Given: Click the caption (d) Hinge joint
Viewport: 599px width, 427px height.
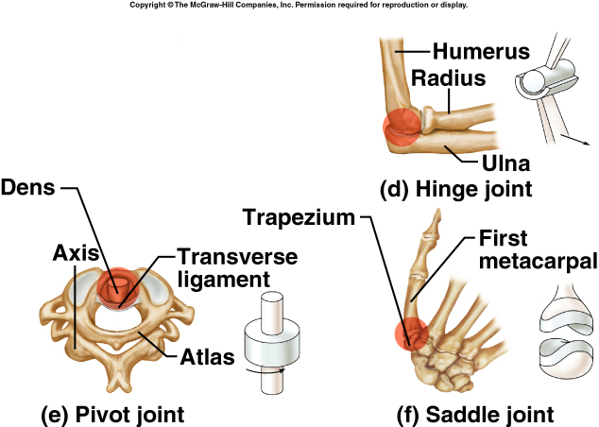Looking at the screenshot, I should coord(455,190).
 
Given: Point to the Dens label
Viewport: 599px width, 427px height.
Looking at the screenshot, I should coord(31,188).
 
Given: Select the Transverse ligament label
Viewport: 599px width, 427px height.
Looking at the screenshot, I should coord(236,268).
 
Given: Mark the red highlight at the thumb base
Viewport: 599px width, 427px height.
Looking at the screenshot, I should coord(411,334).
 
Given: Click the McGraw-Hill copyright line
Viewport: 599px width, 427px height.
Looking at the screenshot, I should coord(299,6).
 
